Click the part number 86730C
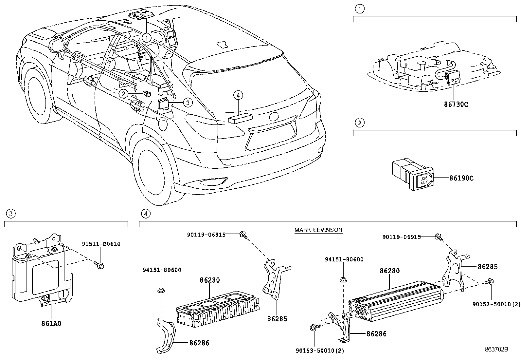click(x=456, y=104)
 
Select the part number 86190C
click(x=461, y=178)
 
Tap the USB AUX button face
click(x=424, y=180)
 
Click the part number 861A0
click(x=51, y=324)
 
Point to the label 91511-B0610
click(x=101, y=244)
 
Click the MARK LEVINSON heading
click(x=318, y=230)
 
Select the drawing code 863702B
click(x=496, y=349)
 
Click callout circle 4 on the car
click(x=238, y=95)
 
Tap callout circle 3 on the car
click(x=188, y=103)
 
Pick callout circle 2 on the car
click(x=123, y=94)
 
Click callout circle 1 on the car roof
click(x=147, y=38)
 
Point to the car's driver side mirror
click(x=57, y=46)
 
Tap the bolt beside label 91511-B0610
click(x=99, y=265)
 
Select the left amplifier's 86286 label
click(x=199, y=343)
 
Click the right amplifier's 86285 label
click(x=488, y=267)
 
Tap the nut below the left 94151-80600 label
click(x=161, y=290)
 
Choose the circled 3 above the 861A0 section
click(x=11, y=214)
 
